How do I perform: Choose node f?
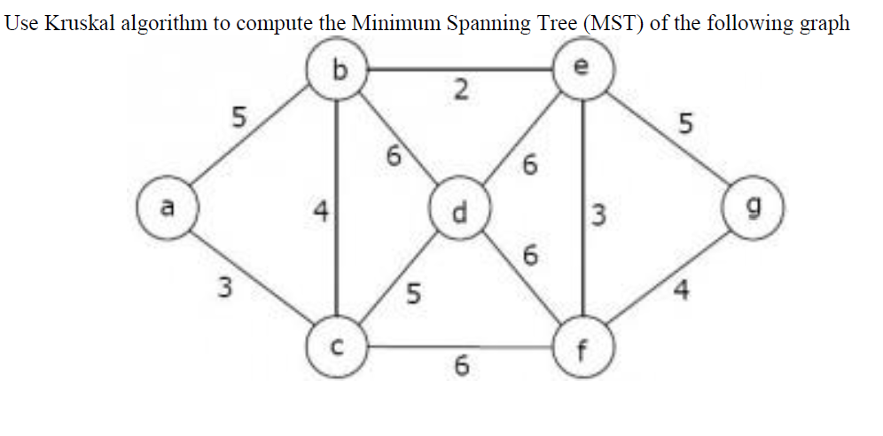[582, 347]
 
